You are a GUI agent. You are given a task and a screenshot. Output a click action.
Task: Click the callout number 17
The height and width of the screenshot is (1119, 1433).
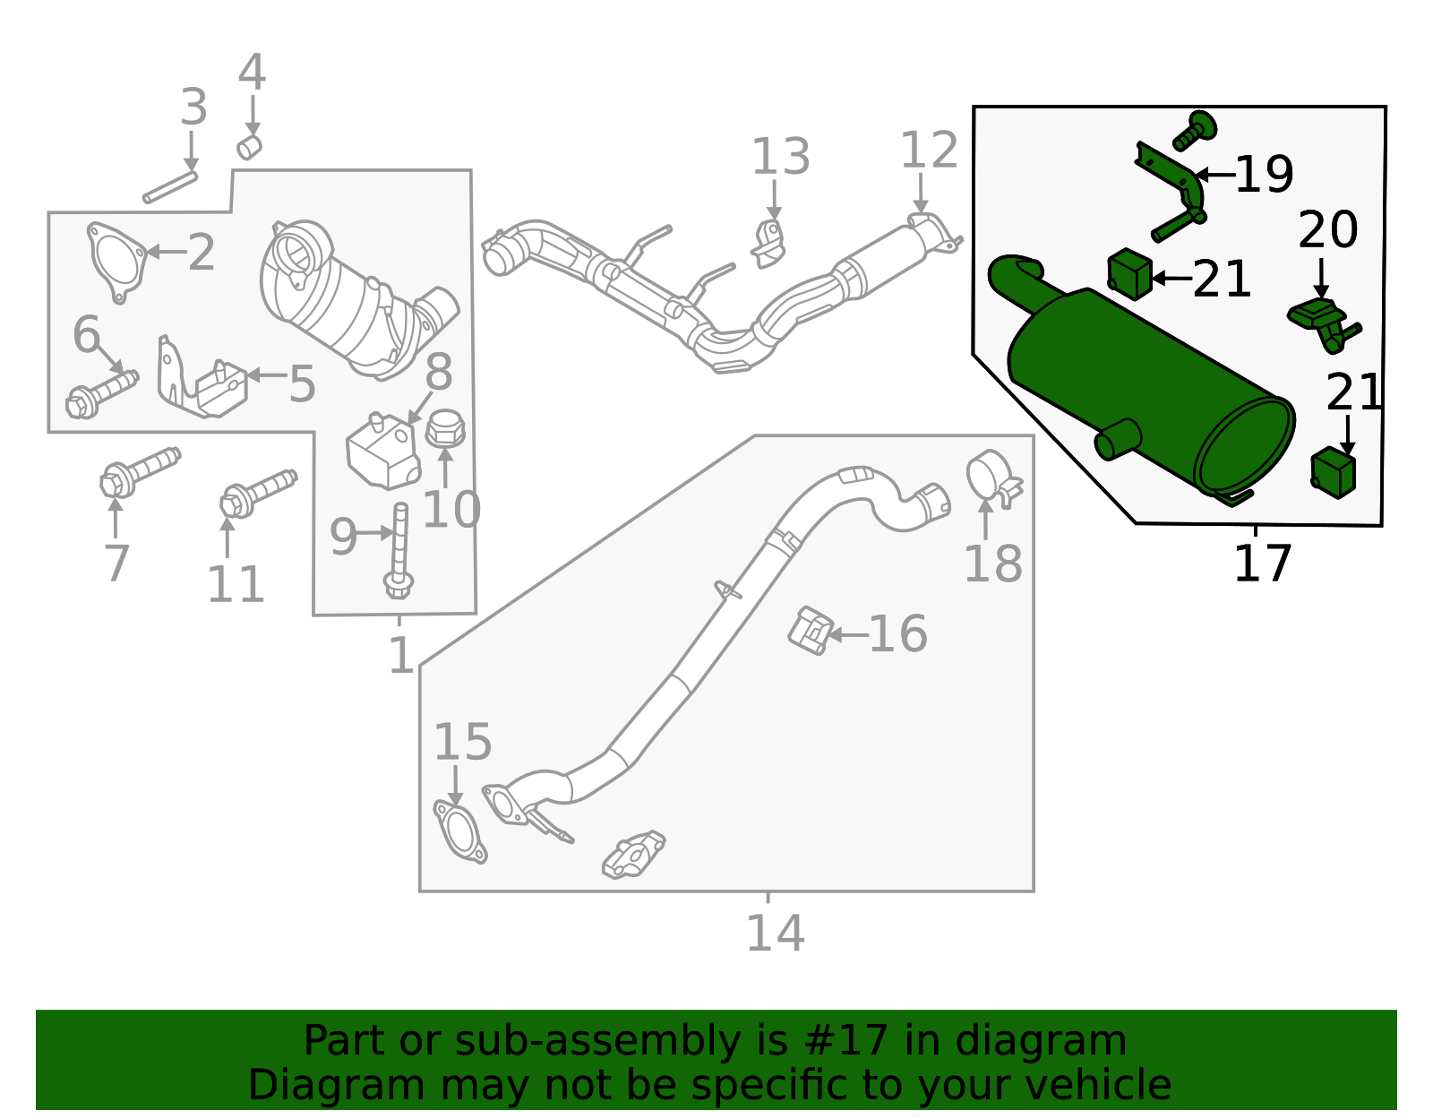[1262, 564]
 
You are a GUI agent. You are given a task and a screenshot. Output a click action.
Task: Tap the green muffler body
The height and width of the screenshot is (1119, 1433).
[1137, 376]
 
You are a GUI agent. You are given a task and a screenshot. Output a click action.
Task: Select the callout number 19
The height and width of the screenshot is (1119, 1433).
[1264, 175]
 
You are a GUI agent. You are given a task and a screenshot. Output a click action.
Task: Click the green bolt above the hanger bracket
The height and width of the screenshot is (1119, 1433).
[1195, 131]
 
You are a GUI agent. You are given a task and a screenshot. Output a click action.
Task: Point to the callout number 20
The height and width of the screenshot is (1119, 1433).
[1327, 230]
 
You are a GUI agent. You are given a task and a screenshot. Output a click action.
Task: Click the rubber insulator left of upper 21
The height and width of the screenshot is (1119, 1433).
[1129, 273]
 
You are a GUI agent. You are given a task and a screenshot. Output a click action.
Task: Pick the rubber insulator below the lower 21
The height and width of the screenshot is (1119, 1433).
[1333, 473]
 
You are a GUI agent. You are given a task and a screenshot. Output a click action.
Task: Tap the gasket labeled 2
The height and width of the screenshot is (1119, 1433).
[116, 260]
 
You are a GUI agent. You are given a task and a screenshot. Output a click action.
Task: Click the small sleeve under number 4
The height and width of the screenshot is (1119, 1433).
[249, 147]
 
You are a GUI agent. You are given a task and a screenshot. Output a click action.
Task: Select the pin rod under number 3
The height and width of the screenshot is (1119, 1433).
[170, 187]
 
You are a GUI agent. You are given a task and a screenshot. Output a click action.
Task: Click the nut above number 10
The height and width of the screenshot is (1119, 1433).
[445, 429]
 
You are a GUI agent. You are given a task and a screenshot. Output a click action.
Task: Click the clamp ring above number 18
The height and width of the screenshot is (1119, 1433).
[991, 475]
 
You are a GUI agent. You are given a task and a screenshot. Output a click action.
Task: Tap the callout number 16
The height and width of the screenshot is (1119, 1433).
[897, 634]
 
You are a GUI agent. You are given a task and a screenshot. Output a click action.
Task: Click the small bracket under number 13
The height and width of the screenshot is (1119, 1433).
[768, 242]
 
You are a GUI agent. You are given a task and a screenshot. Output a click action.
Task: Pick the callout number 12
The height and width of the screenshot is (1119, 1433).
[929, 151]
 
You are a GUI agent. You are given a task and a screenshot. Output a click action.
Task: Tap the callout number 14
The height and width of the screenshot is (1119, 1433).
[775, 934]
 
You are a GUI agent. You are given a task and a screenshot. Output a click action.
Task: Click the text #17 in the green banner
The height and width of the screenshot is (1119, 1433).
[846, 1041]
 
